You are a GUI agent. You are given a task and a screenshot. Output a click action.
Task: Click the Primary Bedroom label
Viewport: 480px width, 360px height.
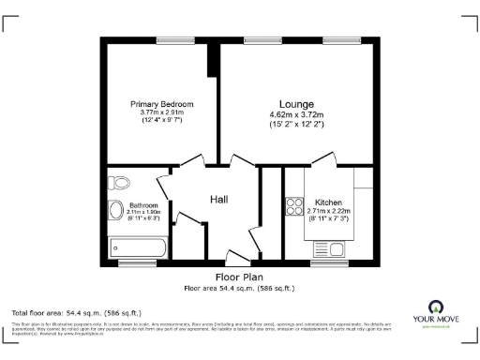(161, 104)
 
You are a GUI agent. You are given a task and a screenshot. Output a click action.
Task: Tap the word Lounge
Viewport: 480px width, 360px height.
(295, 103)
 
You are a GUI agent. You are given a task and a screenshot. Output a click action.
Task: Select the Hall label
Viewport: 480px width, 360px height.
(218, 199)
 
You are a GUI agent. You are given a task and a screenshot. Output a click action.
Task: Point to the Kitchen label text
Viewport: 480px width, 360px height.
(328, 202)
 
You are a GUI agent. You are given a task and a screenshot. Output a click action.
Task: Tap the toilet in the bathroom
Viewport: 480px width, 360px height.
(117, 210)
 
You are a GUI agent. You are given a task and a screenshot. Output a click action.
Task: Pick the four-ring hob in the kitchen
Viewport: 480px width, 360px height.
(293, 205)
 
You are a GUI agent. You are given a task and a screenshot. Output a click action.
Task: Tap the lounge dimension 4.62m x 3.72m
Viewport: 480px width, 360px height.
(295, 115)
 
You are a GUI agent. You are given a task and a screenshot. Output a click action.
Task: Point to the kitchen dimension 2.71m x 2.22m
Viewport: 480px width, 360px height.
(328, 212)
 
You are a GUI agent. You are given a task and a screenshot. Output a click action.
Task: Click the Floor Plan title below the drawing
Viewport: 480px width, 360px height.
(239, 277)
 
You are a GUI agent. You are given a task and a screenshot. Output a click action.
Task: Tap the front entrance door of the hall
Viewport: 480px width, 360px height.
(236, 255)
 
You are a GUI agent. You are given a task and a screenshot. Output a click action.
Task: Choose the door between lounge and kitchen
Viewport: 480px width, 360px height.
(323, 159)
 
